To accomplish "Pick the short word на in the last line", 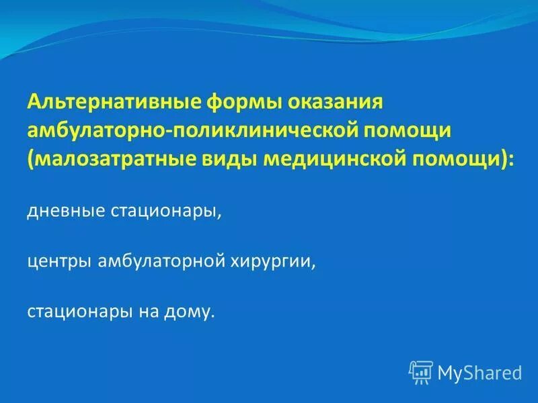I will (x=147, y=312).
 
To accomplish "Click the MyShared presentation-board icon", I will (x=420, y=371).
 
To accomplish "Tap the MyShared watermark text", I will (x=479, y=371).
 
